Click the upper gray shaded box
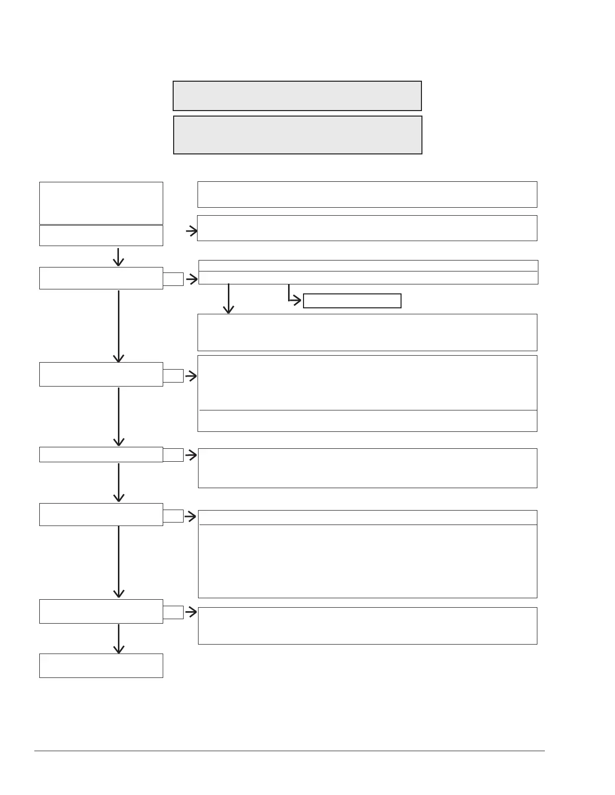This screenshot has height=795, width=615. [297, 96]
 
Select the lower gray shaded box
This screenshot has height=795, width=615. [298, 135]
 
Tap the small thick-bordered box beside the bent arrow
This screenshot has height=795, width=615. [352, 301]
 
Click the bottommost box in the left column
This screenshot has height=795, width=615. [101, 665]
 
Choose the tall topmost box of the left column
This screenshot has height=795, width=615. [101, 203]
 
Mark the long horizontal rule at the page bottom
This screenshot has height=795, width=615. [289, 751]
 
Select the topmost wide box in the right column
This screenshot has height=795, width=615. [367, 194]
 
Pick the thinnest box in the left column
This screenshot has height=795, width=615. [101, 454]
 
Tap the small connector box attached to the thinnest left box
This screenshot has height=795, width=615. [173, 454]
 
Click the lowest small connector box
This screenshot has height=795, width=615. [173, 612]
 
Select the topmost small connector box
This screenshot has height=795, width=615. [173, 279]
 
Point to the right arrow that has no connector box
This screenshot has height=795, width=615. [192, 231]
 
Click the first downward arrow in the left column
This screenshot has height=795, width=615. [118, 257]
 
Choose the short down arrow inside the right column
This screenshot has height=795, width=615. [228, 299]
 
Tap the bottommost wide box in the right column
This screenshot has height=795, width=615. [367, 626]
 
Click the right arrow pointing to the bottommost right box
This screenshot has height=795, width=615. [191, 612]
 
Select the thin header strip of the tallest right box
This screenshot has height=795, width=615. [367, 517]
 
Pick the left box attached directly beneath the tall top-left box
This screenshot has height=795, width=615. [101, 236]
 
